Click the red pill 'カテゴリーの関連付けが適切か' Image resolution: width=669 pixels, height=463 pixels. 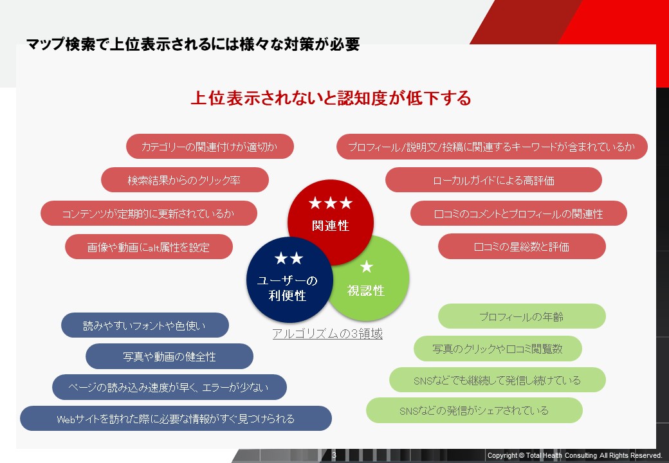(x=210, y=147)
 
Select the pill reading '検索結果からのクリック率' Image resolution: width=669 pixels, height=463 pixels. (x=185, y=180)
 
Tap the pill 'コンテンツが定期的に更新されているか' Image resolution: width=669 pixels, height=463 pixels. (x=149, y=213)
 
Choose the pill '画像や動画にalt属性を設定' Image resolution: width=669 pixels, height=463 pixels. (x=149, y=247)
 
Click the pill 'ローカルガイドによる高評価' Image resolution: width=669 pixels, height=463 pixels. (x=493, y=180)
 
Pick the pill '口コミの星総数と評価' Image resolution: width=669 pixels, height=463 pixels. (x=522, y=246)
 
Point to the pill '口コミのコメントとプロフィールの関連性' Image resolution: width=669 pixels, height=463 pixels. (x=518, y=213)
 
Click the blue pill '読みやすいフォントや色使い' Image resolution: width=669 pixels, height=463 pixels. (x=145, y=325)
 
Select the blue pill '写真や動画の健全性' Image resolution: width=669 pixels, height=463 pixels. (x=169, y=356)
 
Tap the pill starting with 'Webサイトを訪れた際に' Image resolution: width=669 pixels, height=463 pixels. (x=176, y=419)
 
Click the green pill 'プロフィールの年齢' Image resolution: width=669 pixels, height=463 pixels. (x=522, y=316)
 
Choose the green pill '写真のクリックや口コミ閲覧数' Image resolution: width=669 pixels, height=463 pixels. (x=497, y=349)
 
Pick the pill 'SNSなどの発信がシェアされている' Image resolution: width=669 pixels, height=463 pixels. (x=474, y=410)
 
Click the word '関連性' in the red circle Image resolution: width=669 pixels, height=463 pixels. (x=331, y=226)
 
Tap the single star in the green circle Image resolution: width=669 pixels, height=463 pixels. (x=367, y=267)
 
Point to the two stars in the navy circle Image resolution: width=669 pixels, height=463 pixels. (x=289, y=259)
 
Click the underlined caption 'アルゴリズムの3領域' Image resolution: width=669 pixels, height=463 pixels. (x=327, y=334)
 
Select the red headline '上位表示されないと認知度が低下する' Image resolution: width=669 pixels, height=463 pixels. (x=331, y=98)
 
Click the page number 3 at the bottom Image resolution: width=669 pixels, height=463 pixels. (x=334, y=455)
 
